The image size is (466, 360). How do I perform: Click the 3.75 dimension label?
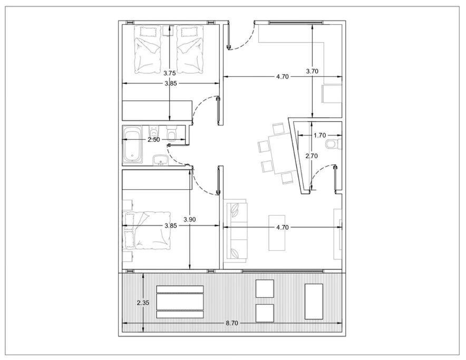(170, 73)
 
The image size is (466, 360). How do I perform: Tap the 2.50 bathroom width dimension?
(154, 140)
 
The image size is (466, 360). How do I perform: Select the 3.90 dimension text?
(190, 220)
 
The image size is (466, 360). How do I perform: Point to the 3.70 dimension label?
(312, 71)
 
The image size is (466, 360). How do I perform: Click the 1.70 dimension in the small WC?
(320, 135)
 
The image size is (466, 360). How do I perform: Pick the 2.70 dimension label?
(312, 156)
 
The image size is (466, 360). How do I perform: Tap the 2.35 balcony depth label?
(143, 303)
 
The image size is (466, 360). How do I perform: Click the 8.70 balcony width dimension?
(232, 323)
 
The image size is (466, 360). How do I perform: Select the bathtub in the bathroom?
(132, 145)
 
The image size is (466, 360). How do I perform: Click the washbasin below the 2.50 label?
(161, 161)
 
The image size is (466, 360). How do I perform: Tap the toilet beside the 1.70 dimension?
(334, 144)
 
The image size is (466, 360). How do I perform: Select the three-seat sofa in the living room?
(236, 231)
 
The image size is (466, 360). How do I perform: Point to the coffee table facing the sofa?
(277, 233)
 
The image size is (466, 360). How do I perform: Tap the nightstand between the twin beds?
(169, 31)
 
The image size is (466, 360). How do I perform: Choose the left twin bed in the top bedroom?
(148, 50)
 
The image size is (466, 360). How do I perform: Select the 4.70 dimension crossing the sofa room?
(283, 227)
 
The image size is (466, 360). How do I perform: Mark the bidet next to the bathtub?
(153, 132)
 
